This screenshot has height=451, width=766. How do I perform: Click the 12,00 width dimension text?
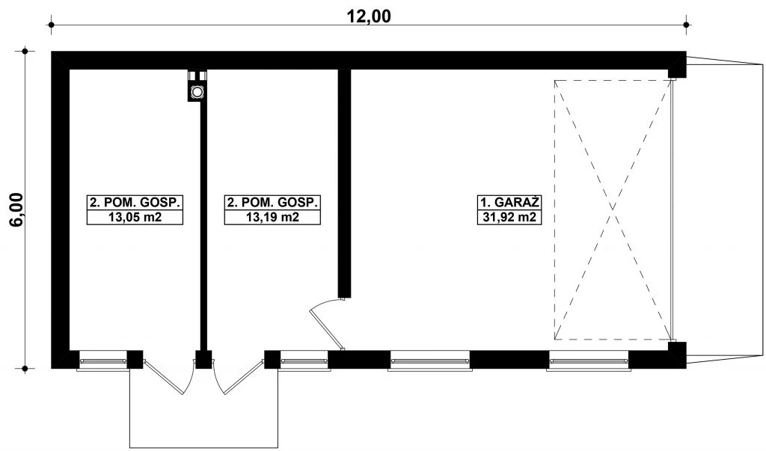[x=369, y=16]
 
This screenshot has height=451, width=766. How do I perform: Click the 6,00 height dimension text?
[x=16, y=209]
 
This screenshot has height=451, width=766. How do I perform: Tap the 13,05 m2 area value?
[x=135, y=218]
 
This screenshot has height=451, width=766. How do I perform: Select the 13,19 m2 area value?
[x=272, y=218]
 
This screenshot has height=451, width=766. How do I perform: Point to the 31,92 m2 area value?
[x=509, y=218]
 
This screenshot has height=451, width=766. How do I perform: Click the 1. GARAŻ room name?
[x=509, y=202]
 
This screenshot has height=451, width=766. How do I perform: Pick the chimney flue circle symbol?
[x=197, y=91]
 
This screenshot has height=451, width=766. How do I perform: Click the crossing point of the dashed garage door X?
[x=613, y=209]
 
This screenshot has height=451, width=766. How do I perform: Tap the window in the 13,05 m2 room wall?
[x=103, y=361]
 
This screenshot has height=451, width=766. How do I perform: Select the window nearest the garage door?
[x=588, y=361]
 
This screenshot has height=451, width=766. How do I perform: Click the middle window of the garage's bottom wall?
[x=430, y=361]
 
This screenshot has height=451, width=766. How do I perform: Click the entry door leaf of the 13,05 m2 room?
[x=163, y=377]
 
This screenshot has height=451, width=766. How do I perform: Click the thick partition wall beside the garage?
[x=344, y=183]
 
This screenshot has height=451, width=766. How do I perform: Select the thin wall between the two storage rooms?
[x=203, y=226]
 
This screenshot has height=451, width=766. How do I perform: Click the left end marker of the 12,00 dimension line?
[x=52, y=25]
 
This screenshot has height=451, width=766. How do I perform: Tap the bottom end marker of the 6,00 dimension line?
[x=25, y=369]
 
